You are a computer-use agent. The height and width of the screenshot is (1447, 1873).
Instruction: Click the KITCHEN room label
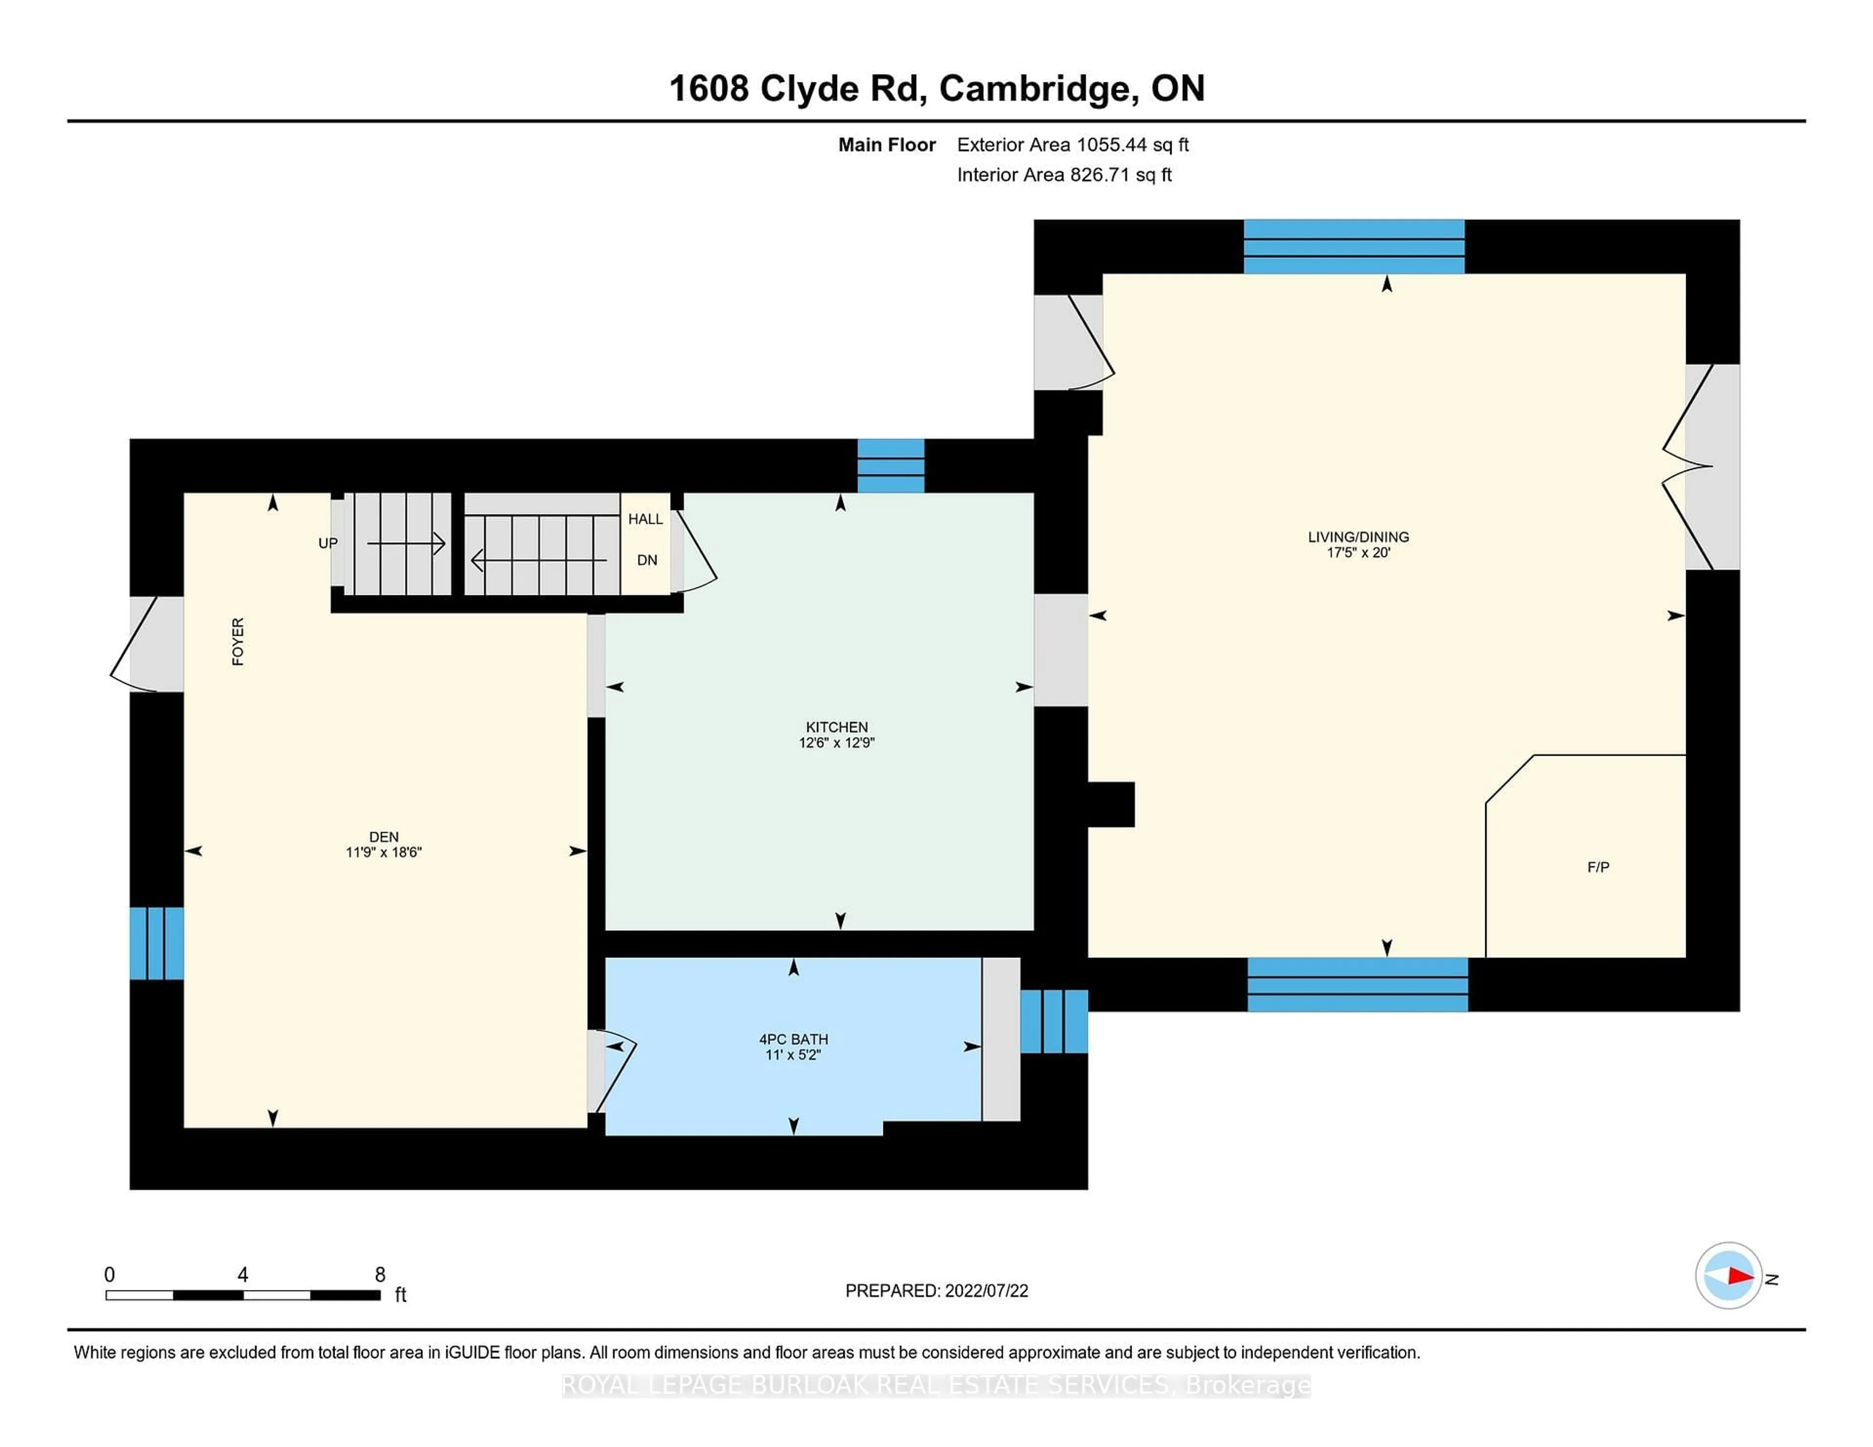click(836, 727)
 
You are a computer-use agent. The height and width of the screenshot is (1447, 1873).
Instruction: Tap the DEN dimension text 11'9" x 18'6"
click(383, 852)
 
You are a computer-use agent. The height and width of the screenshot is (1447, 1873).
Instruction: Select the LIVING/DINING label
click(1357, 537)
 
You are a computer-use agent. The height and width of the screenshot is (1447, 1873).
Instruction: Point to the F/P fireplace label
click(1598, 867)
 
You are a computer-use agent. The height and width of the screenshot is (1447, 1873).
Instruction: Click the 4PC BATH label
click(793, 1039)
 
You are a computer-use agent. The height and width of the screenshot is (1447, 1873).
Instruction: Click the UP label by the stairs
click(328, 544)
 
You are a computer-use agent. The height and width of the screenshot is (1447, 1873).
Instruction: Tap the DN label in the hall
click(647, 561)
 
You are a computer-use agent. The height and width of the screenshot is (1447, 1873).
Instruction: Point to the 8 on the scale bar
click(380, 1275)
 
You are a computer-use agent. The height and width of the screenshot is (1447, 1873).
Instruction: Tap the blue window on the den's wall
click(156, 943)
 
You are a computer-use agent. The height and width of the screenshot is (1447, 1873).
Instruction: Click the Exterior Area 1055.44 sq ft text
click(1072, 145)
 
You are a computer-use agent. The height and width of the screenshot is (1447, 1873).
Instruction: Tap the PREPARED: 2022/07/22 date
click(936, 1291)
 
